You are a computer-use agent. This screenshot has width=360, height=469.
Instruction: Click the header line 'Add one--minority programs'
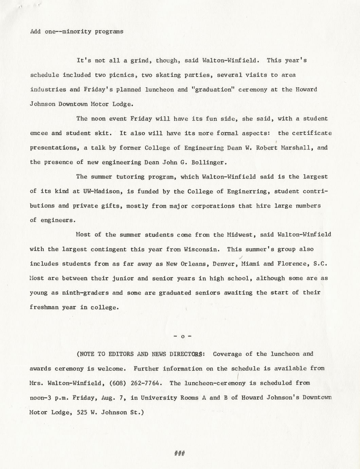76,32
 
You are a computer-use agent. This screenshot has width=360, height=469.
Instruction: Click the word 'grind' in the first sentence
140,61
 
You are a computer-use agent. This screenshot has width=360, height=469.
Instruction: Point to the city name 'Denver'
224,264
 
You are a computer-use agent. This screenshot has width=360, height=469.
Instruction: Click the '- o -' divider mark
182,336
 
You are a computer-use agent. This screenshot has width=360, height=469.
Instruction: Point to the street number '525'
83,412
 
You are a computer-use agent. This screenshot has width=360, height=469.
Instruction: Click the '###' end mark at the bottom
179,453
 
